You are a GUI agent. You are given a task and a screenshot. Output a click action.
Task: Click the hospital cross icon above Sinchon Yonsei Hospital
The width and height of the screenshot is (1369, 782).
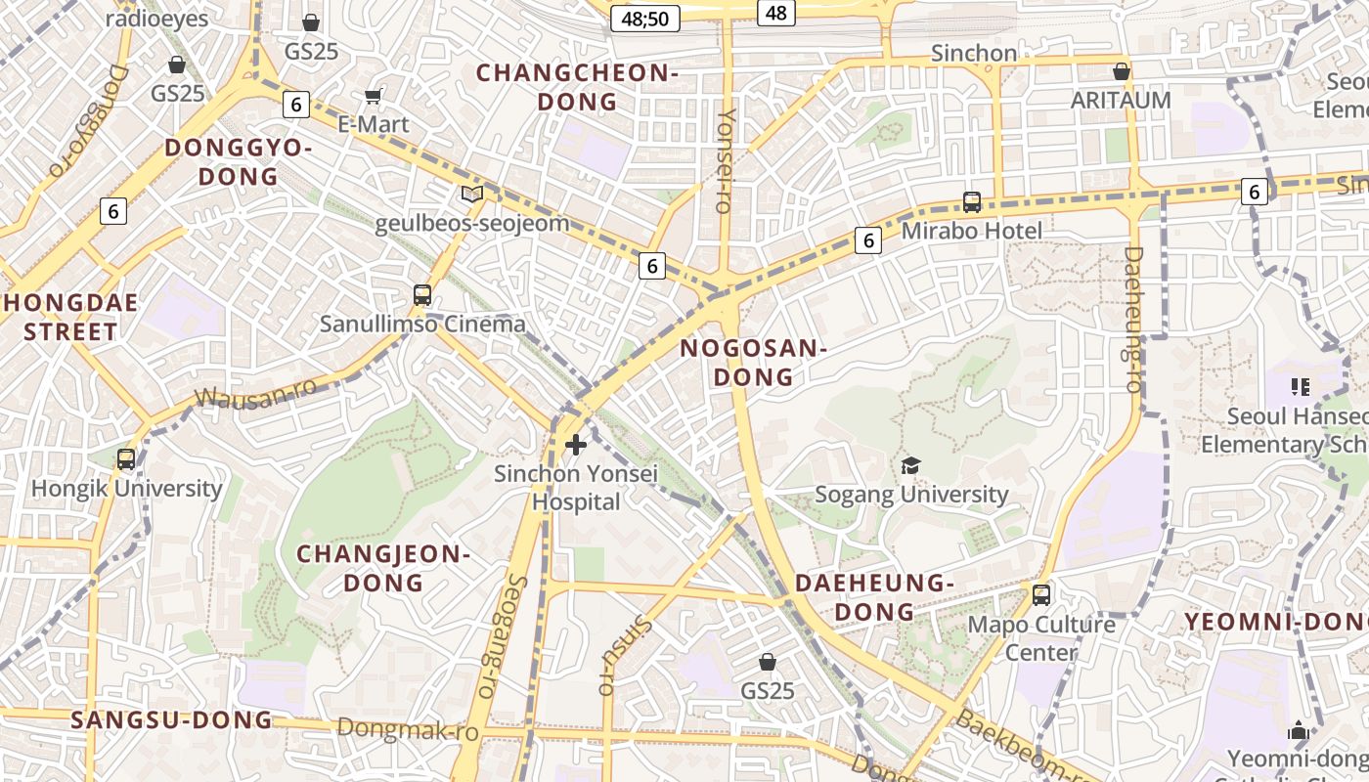pyautogui.click(x=576, y=445)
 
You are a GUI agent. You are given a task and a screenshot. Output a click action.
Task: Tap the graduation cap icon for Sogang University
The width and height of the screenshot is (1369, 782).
pyautogui.click(x=910, y=465)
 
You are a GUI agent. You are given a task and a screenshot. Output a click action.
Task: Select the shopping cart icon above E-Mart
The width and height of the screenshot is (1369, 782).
pyautogui.click(x=373, y=96)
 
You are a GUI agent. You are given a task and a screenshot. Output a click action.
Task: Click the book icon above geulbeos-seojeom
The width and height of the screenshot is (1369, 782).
pyautogui.click(x=472, y=194)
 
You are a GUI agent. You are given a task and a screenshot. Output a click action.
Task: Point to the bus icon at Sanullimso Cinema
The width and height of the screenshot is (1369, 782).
pyautogui.click(x=422, y=294)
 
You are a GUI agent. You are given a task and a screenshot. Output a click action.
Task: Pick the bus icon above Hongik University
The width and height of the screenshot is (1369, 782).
pyautogui.click(x=126, y=458)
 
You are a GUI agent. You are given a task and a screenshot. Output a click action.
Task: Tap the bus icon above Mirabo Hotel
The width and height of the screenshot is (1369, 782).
pyautogui.click(x=971, y=202)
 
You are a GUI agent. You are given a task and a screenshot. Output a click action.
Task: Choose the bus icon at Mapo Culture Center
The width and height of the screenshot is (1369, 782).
pyautogui.click(x=1041, y=594)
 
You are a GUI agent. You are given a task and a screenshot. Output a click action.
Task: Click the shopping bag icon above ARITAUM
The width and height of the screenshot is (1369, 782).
pyautogui.click(x=1122, y=71)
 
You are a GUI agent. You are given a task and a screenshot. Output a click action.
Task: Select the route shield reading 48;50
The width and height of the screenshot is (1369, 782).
pyautogui.click(x=644, y=19)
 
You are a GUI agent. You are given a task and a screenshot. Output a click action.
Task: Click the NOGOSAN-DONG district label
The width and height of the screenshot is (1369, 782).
pyautogui.click(x=753, y=363)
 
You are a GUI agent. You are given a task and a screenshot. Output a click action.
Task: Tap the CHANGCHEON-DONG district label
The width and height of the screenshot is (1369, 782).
pyautogui.click(x=577, y=87)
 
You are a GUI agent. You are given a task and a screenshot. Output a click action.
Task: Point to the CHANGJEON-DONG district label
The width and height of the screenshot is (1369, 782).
pyautogui.click(x=383, y=568)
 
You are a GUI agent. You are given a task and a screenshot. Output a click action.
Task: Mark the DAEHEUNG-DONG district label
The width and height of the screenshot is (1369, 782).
pyautogui.click(x=873, y=597)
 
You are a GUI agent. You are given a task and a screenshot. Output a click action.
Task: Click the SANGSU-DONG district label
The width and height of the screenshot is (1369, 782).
pyautogui.click(x=171, y=720)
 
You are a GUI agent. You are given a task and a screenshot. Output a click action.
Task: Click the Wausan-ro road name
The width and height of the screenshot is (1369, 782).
pyautogui.click(x=256, y=392)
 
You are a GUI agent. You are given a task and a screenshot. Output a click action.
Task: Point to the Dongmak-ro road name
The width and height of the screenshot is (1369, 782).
pyautogui.click(x=408, y=729)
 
